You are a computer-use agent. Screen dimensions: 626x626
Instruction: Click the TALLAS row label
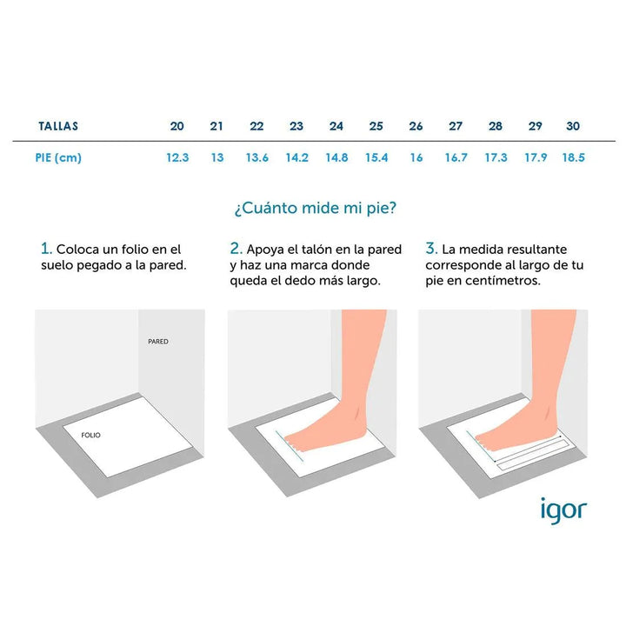coord(58,126)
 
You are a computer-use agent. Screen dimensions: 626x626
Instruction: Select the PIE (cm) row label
coord(58,157)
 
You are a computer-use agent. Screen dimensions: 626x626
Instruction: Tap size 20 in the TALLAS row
coord(176,126)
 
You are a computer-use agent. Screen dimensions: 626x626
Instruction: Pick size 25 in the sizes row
coord(376,126)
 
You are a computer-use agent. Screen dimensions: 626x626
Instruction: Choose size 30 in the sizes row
coord(573,126)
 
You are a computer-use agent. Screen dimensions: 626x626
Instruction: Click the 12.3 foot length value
coord(177,157)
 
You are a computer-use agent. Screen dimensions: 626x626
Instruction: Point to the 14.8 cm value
coord(336,157)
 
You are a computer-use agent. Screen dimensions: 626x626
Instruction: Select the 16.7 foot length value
coord(456,157)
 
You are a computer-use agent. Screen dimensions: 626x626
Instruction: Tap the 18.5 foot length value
coord(573,157)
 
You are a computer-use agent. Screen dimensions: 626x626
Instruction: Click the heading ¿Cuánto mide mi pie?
coord(316,208)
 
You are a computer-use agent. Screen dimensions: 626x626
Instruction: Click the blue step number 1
coord(46,249)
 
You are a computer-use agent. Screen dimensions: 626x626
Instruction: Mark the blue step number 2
coord(236,249)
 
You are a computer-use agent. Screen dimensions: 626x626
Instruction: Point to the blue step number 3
coord(431,249)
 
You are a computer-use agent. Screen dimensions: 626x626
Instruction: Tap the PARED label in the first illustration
coord(158,342)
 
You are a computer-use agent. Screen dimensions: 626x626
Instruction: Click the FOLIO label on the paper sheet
coord(90,436)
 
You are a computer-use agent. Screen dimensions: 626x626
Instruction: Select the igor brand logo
coord(563,510)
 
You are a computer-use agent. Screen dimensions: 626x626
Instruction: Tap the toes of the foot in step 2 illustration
coord(294,443)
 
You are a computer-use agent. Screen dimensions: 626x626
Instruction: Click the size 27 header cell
coord(456,126)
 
